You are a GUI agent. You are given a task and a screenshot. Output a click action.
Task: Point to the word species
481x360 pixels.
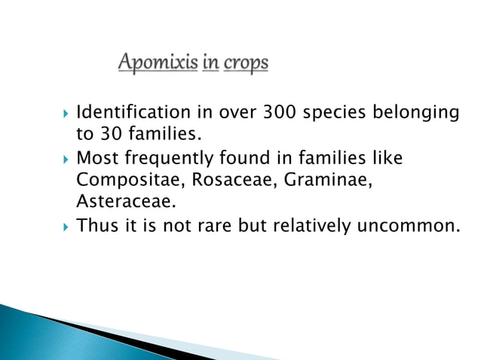point(335,113)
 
